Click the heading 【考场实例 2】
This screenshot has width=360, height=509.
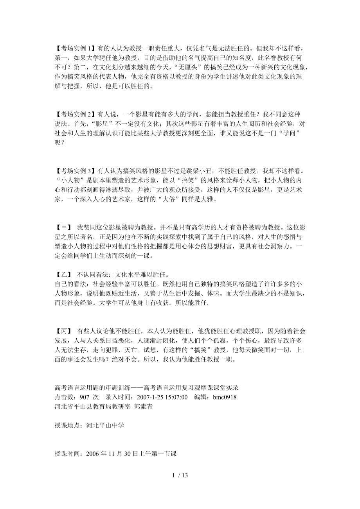click(x=74, y=114)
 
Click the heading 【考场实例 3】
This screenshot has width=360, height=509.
click(x=74, y=171)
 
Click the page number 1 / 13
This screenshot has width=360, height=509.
click(x=180, y=475)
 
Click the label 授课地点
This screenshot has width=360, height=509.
click(x=68, y=425)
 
